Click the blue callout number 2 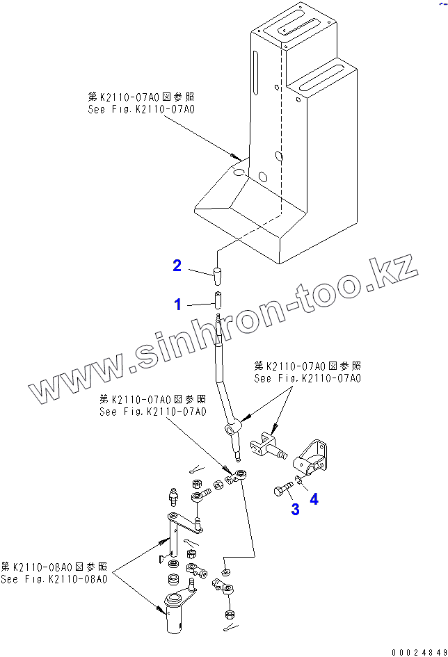tap(177, 265)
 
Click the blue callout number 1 tap(177, 304)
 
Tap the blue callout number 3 tap(295, 510)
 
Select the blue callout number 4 tap(314, 499)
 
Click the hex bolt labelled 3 tap(282, 492)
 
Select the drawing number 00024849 tap(419, 651)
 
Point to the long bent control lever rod tap(227, 382)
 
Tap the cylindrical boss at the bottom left tap(175, 611)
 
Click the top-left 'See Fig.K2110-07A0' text tap(141, 109)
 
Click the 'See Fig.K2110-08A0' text tap(54, 579)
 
